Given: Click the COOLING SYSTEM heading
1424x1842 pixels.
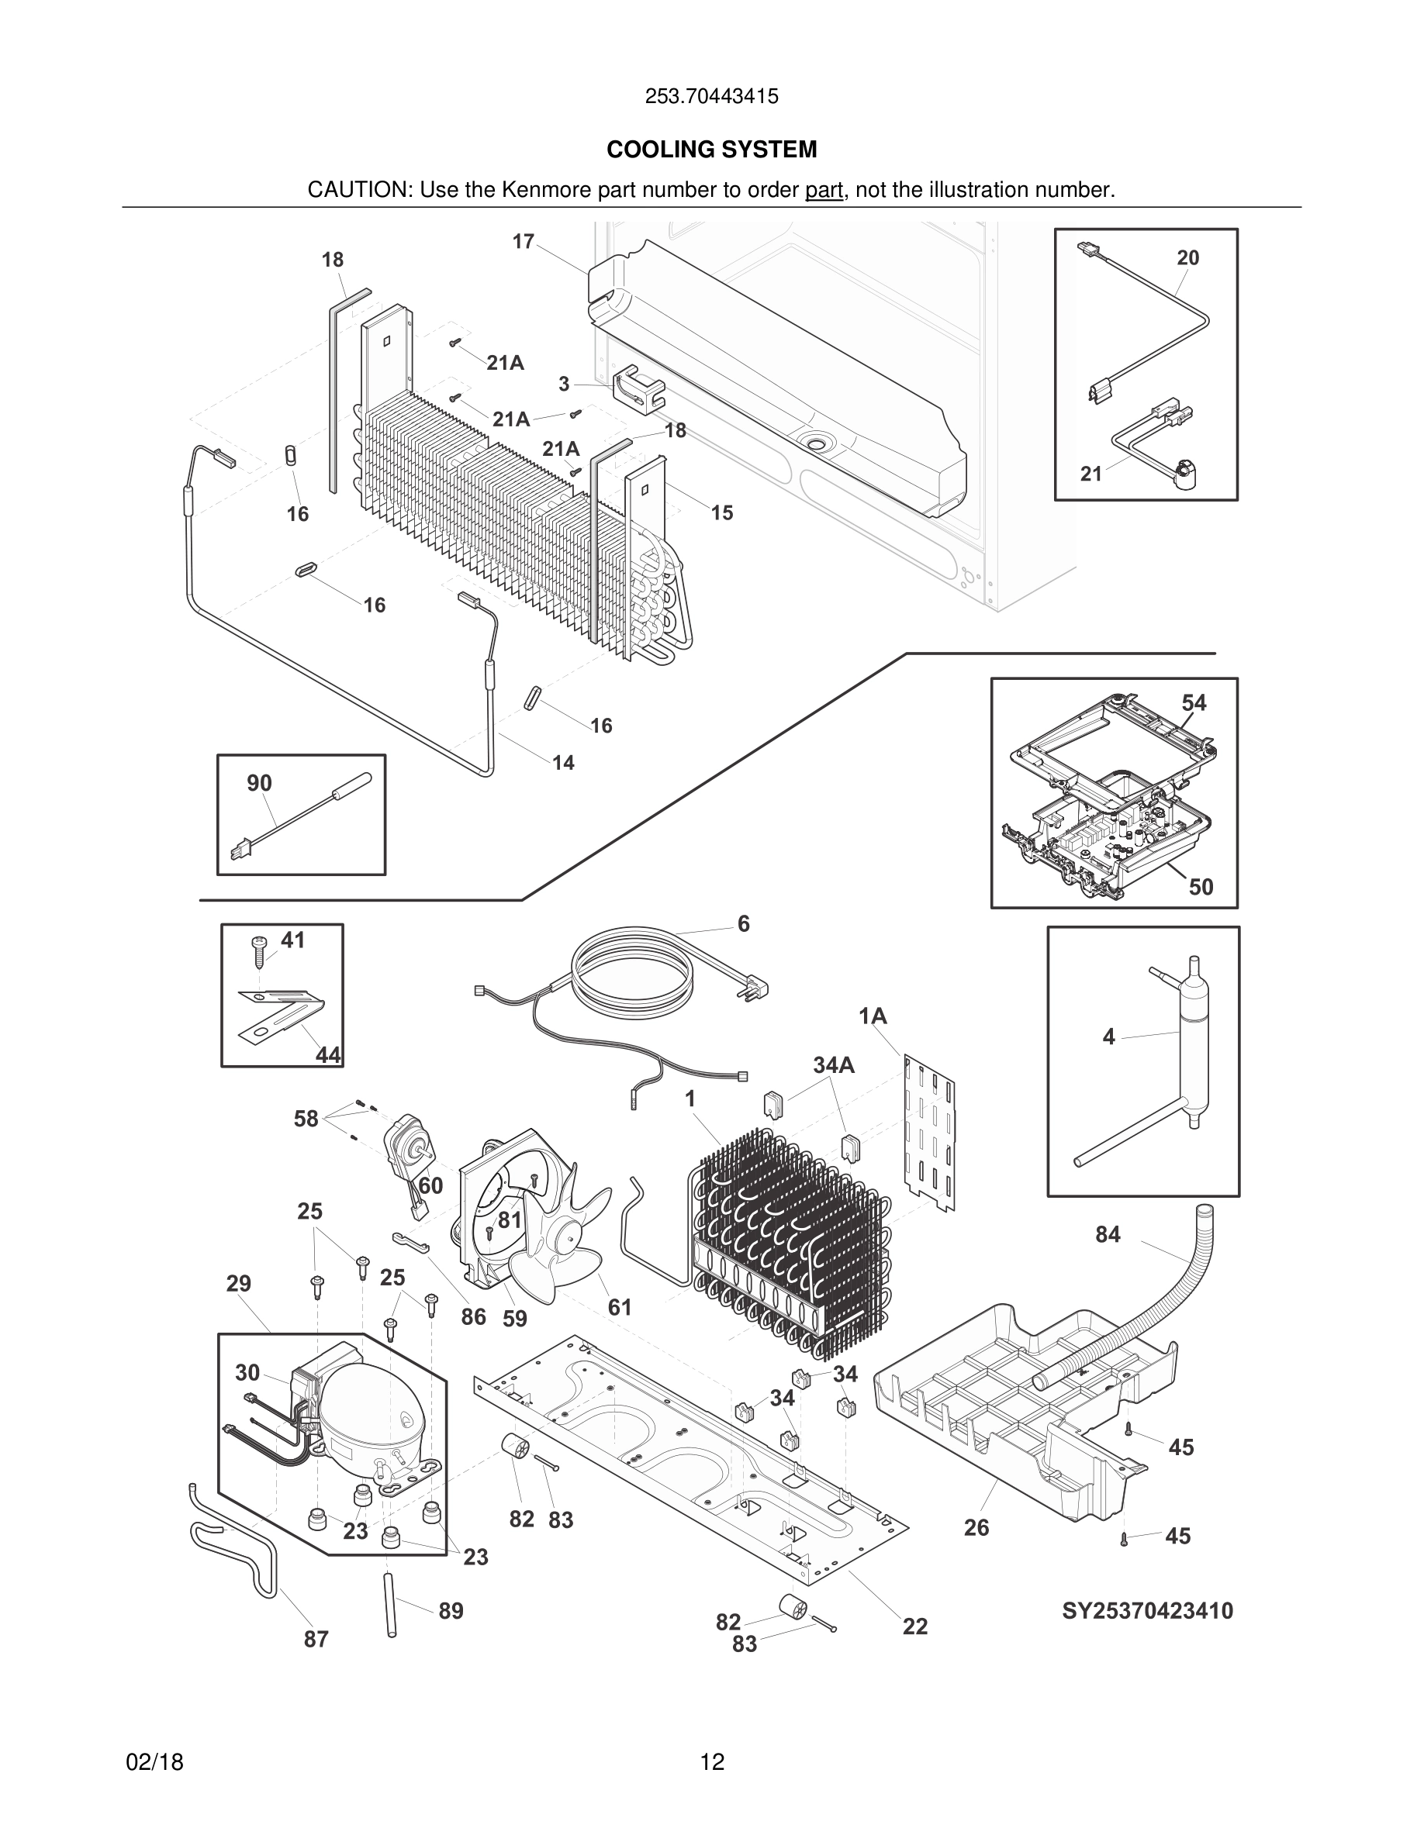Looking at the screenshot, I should (711, 150).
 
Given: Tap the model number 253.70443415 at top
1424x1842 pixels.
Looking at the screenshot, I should (711, 96).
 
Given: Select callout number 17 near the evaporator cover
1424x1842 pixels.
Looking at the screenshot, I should (523, 242).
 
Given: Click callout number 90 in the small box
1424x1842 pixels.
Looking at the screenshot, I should (259, 783).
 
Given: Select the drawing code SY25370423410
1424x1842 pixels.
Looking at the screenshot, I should (1146, 1611).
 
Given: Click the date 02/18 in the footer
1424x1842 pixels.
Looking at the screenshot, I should (154, 1762).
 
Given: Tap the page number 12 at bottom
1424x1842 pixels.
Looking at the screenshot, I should (711, 1762).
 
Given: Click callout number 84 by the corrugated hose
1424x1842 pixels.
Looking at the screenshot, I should (1107, 1235).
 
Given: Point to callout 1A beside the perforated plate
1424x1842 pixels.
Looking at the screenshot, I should (873, 1016).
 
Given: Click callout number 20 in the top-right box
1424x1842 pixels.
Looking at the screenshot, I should (1187, 258).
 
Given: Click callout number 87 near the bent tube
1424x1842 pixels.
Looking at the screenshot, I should (316, 1639).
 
